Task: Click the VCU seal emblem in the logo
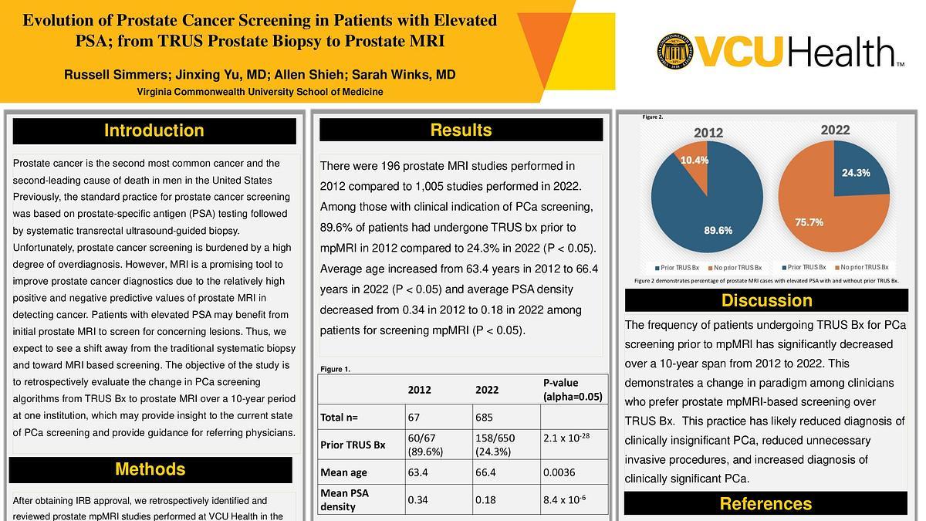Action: [674, 52]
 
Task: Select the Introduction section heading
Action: [154, 130]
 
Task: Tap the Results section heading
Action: [461, 130]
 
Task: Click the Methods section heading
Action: [150, 469]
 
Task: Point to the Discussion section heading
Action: [766, 300]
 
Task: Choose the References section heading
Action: [765, 504]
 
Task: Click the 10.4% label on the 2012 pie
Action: [694, 160]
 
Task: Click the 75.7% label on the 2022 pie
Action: [809, 222]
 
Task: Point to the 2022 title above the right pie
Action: [835, 130]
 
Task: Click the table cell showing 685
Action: [484, 418]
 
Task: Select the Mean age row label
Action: [344, 472]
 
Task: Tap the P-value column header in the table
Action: [572, 390]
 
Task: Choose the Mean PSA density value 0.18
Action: [485, 500]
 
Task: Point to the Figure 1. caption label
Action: [335, 369]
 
